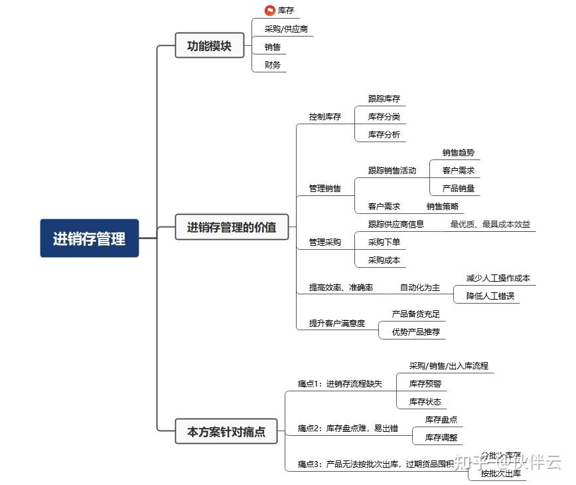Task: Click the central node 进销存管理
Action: click(x=90, y=239)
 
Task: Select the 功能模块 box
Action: click(x=209, y=47)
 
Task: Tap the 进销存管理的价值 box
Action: click(x=232, y=228)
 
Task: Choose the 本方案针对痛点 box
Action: click(x=226, y=432)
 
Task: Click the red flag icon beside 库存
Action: click(x=269, y=11)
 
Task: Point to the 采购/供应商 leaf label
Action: click(x=286, y=29)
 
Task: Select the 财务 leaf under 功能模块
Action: click(x=273, y=65)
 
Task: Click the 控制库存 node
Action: click(x=324, y=117)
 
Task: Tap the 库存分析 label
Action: click(x=384, y=135)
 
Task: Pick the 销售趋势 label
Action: click(x=459, y=153)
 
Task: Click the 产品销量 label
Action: click(x=459, y=189)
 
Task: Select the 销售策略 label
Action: click(x=443, y=207)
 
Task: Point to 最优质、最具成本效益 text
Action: click(x=490, y=225)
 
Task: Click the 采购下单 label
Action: click(x=384, y=242)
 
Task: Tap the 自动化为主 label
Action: click(x=420, y=288)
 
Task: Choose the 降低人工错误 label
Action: click(x=490, y=296)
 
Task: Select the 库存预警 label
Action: click(x=425, y=384)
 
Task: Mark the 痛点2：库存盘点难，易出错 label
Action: click(x=348, y=429)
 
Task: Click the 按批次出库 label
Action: click(x=501, y=474)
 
